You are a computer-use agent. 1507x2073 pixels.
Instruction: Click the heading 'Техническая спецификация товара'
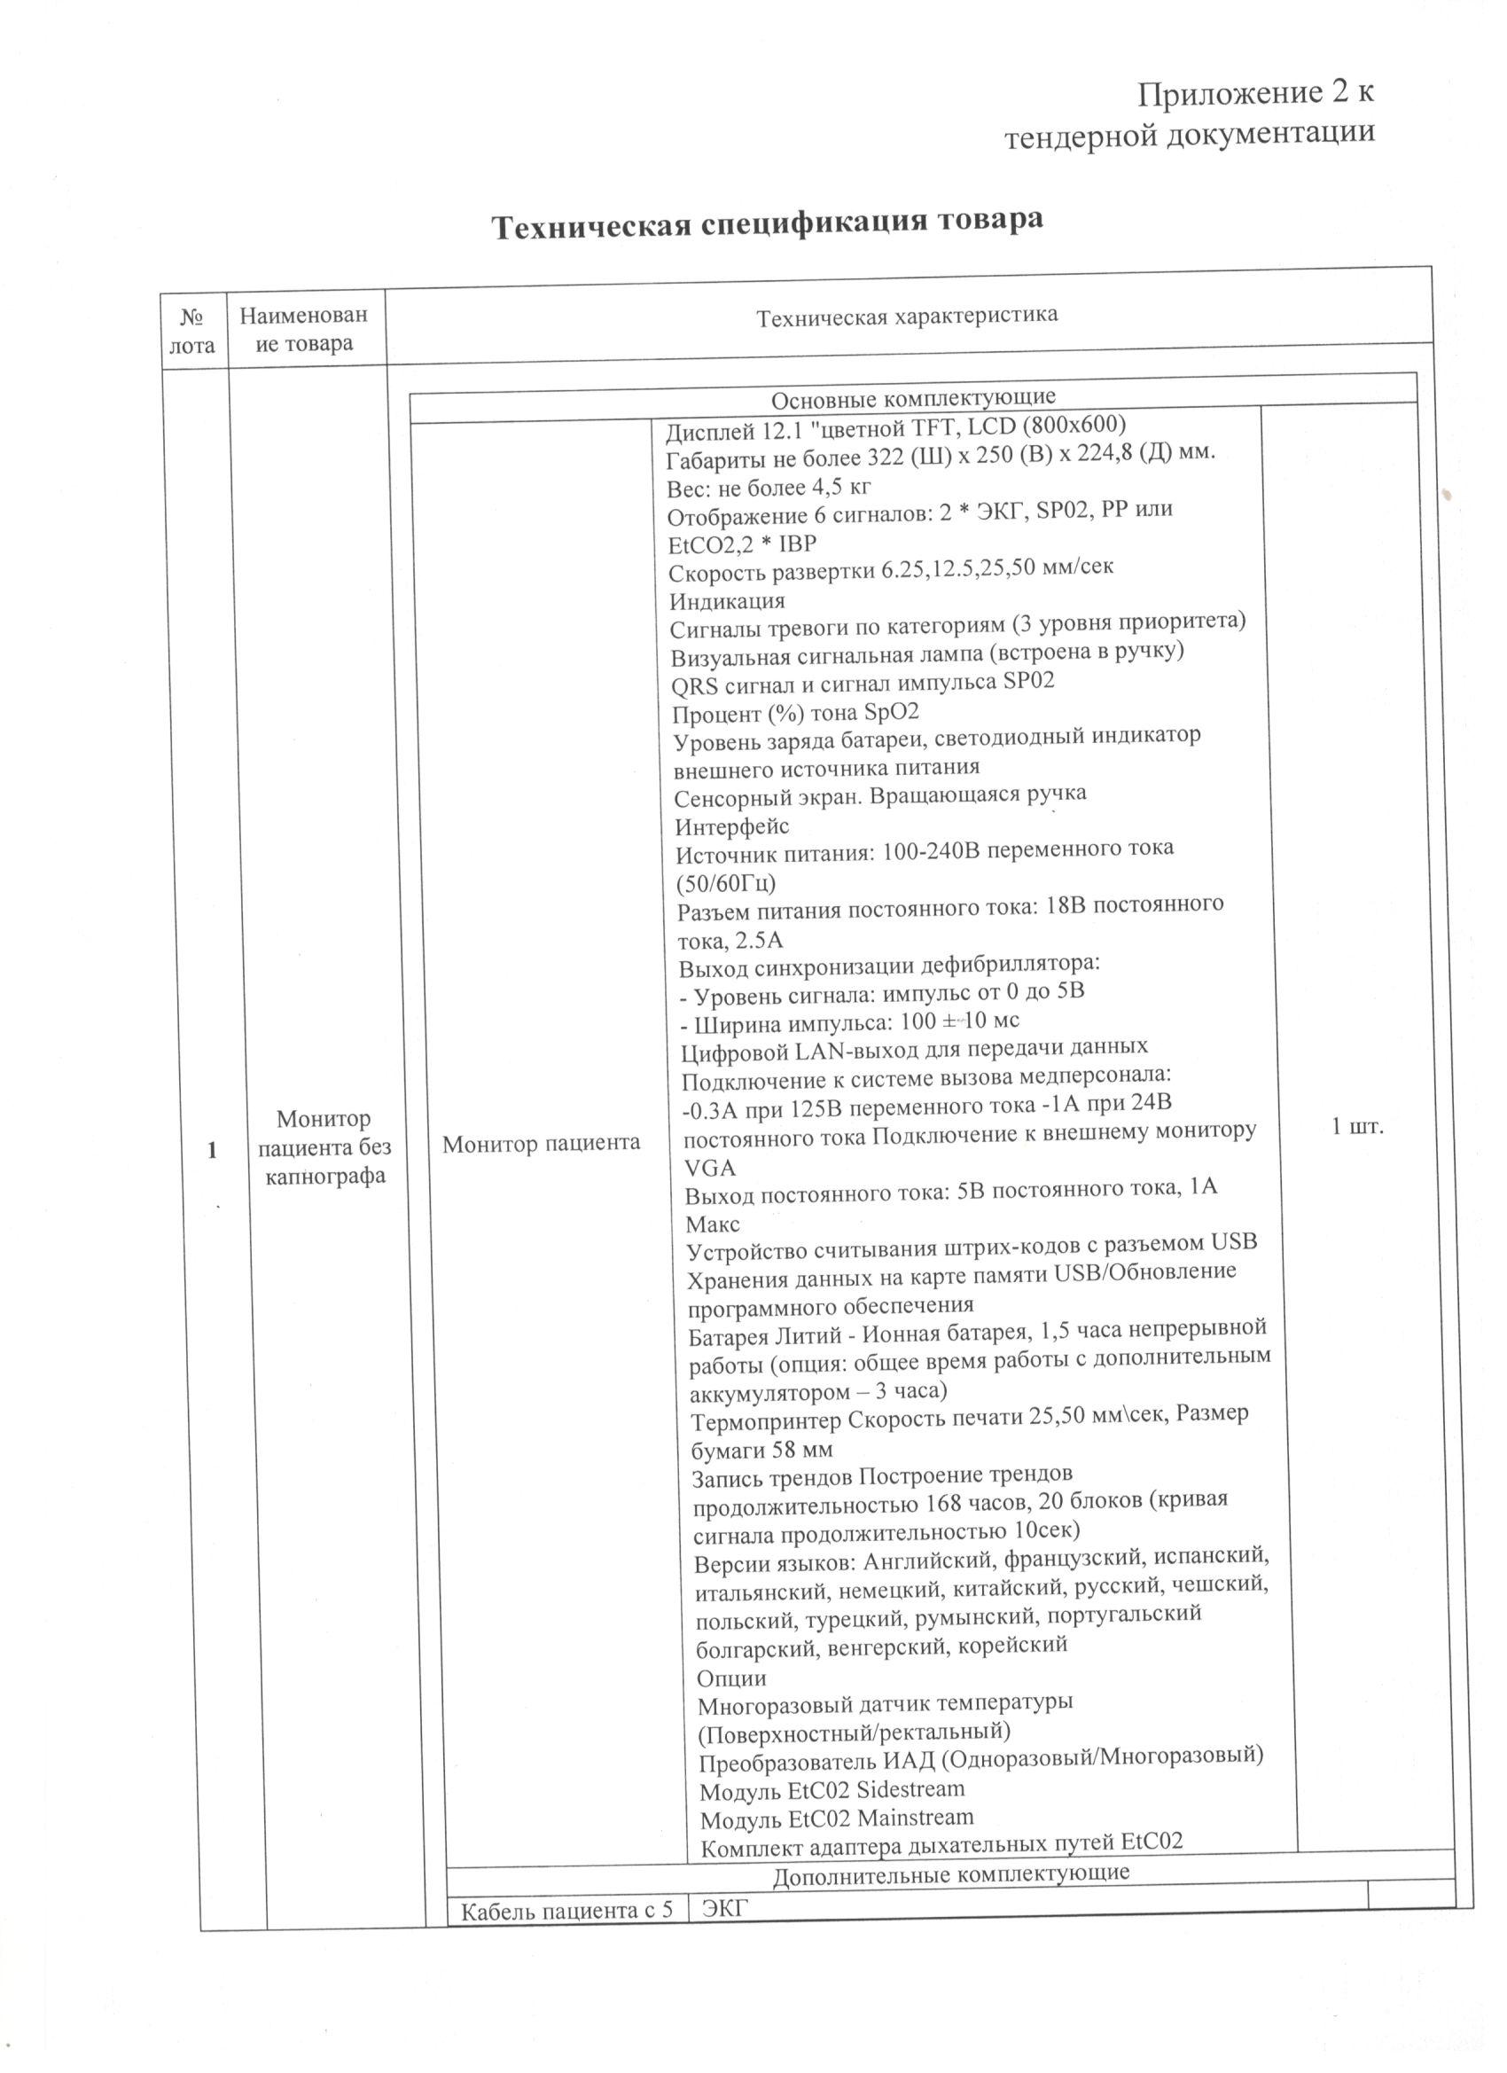tap(768, 223)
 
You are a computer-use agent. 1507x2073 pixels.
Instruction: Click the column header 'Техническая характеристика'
tap(907, 317)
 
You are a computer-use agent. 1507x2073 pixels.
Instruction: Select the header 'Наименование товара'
tap(304, 329)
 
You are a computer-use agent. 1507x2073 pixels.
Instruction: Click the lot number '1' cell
tap(212, 1150)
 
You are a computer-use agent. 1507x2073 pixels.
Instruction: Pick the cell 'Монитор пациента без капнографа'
tap(324, 1147)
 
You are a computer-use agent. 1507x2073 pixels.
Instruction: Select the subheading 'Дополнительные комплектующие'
tap(950, 1873)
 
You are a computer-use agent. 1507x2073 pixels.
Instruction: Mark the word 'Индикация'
tap(728, 601)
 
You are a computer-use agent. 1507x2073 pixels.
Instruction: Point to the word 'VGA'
tap(710, 1168)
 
